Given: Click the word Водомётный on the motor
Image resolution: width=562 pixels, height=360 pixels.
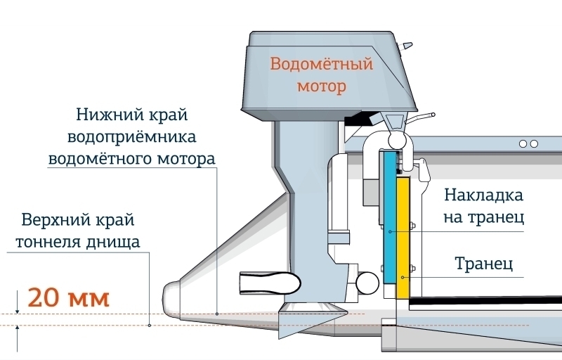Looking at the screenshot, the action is [322, 64].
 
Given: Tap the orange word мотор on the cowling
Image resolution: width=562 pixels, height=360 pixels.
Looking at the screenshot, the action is [322, 86].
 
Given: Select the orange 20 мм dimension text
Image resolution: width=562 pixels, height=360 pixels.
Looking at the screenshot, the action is [68, 297].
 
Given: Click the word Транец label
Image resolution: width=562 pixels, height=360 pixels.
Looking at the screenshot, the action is [484, 264].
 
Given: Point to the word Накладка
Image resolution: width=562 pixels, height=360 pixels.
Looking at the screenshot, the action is [484, 195].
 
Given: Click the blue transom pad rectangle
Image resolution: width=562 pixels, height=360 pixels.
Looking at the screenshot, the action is [390, 217].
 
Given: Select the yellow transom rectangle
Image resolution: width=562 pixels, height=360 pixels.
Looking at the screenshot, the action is [403, 238].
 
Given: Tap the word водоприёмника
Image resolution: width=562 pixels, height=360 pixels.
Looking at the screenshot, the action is [132, 137].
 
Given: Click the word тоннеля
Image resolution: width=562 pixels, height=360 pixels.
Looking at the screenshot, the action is [48, 242].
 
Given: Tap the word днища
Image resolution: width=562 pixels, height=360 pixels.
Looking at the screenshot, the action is [112, 243].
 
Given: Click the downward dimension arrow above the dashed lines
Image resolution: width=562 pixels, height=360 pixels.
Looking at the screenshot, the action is [17, 302].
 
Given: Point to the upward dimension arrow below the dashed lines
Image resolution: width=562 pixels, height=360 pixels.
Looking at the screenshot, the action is [17, 339].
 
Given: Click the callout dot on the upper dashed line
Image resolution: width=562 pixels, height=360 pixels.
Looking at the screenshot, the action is [217, 314].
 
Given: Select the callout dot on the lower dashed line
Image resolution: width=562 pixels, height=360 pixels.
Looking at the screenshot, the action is [150, 326].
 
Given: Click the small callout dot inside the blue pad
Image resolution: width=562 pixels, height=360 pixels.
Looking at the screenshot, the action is [390, 231].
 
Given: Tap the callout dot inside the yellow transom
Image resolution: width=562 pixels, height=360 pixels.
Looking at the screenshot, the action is [403, 277].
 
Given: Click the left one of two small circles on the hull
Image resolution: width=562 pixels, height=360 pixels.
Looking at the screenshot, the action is [523, 143].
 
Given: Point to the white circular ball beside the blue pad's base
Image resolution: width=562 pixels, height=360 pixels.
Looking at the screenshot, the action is [367, 283].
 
